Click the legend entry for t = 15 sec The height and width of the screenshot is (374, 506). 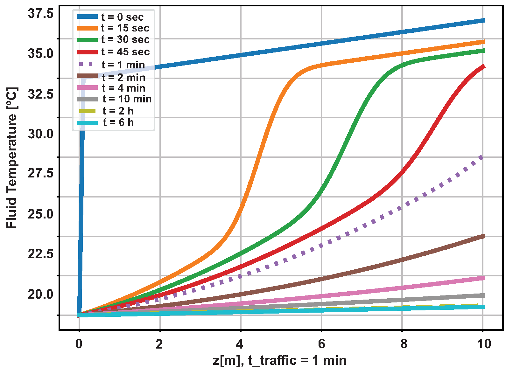[x=125, y=28]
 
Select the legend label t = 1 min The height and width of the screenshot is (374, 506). [x=123, y=65]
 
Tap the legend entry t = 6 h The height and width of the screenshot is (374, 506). [x=118, y=122]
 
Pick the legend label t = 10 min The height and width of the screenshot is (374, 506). [x=127, y=99]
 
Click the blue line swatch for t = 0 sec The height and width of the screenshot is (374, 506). [x=88, y=17]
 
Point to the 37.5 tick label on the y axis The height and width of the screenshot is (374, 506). [x=41, y=14]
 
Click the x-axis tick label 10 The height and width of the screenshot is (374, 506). [x=484, y=344]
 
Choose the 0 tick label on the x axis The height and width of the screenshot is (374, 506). [x=79, y=344]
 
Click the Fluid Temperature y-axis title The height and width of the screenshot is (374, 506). [x=12, y=158]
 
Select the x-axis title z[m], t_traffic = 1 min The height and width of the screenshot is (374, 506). [x=280, y=361]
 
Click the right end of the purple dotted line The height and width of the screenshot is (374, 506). [x=482, y=157]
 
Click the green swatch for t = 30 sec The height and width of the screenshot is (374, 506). [x=88, y=40]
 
